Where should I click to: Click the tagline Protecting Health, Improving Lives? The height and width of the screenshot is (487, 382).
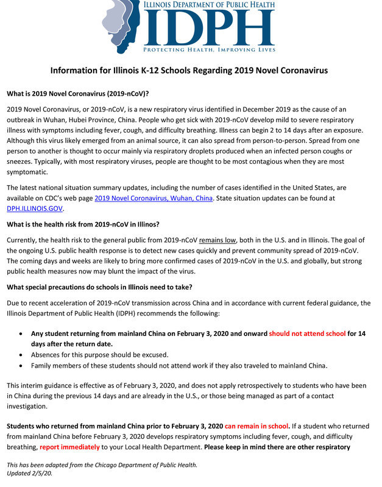pos(209,49)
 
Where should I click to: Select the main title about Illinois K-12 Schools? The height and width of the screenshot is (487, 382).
pos(189,71)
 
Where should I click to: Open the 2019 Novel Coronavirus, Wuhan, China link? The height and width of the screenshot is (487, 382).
pos(154,198)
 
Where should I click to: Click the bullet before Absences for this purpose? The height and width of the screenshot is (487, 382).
pos(23,355)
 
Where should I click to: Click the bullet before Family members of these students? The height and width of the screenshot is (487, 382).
pos(23,366)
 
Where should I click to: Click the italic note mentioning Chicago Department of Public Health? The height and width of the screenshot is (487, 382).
pos(102,465)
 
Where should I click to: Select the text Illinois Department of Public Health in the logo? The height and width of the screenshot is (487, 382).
pos(209,5)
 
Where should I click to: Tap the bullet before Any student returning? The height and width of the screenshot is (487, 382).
pos(23,334)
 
